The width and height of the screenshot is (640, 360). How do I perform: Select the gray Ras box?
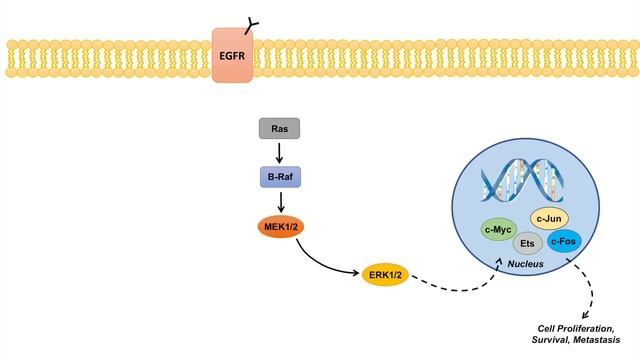tap(280, 128)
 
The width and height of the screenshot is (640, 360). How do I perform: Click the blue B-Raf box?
tap(280, 176)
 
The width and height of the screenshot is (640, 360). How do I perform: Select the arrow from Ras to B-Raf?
tap(280, 152)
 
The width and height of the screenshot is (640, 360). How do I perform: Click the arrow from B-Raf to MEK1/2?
tap(280, 202)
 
